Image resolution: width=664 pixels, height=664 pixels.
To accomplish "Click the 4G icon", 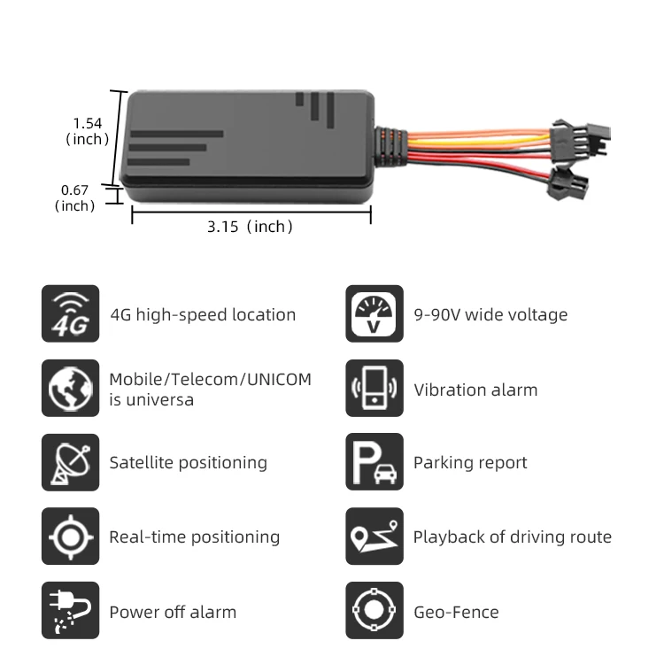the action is (71, 313).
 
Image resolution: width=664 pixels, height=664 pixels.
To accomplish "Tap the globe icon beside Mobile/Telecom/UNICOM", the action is (71, 388).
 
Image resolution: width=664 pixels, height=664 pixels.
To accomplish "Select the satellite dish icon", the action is (71, 462).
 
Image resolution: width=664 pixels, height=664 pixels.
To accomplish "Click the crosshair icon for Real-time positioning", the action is (71, 537).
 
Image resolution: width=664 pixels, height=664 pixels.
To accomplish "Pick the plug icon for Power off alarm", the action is (71, 611).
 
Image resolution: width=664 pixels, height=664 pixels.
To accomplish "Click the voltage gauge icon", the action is (374, 313).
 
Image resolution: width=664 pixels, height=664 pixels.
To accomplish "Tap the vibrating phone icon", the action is (374, 388).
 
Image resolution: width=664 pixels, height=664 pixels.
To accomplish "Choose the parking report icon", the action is (374, 462).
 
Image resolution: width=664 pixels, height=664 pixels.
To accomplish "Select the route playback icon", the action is (374, 537).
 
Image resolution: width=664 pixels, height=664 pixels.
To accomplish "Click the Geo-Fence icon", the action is (374, 611).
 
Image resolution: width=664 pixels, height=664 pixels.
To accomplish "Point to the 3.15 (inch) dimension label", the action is (250, 227).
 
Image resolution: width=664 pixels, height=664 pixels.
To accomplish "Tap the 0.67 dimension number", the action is (74, 189).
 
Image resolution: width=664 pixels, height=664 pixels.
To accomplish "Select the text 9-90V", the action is (437, 314).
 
